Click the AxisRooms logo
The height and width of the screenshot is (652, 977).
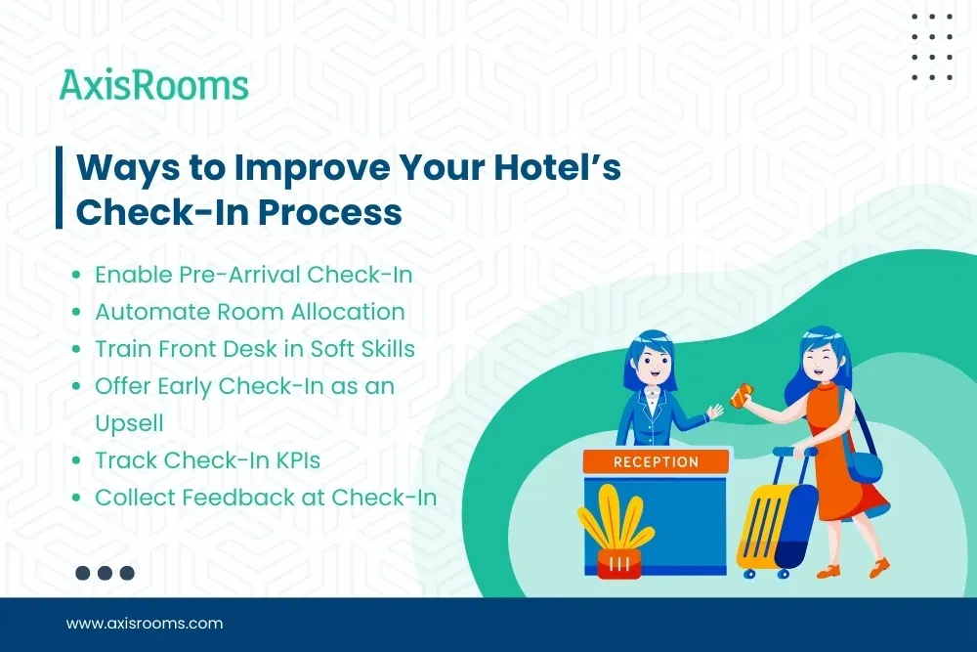point(154,85)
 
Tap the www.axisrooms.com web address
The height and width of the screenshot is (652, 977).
point(145,623)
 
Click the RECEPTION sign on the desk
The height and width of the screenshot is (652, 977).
point(656,461)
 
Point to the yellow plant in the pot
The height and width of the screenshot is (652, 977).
point(615,523)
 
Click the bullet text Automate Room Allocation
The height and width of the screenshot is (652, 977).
point(249,312)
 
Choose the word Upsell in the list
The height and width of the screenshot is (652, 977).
point(129,422)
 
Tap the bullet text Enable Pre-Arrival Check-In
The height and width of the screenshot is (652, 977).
point(253,275)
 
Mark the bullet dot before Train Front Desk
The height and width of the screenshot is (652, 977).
point(76,350)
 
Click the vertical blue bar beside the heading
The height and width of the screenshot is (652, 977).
point(60,188)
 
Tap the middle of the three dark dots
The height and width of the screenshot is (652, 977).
point(105,574)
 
